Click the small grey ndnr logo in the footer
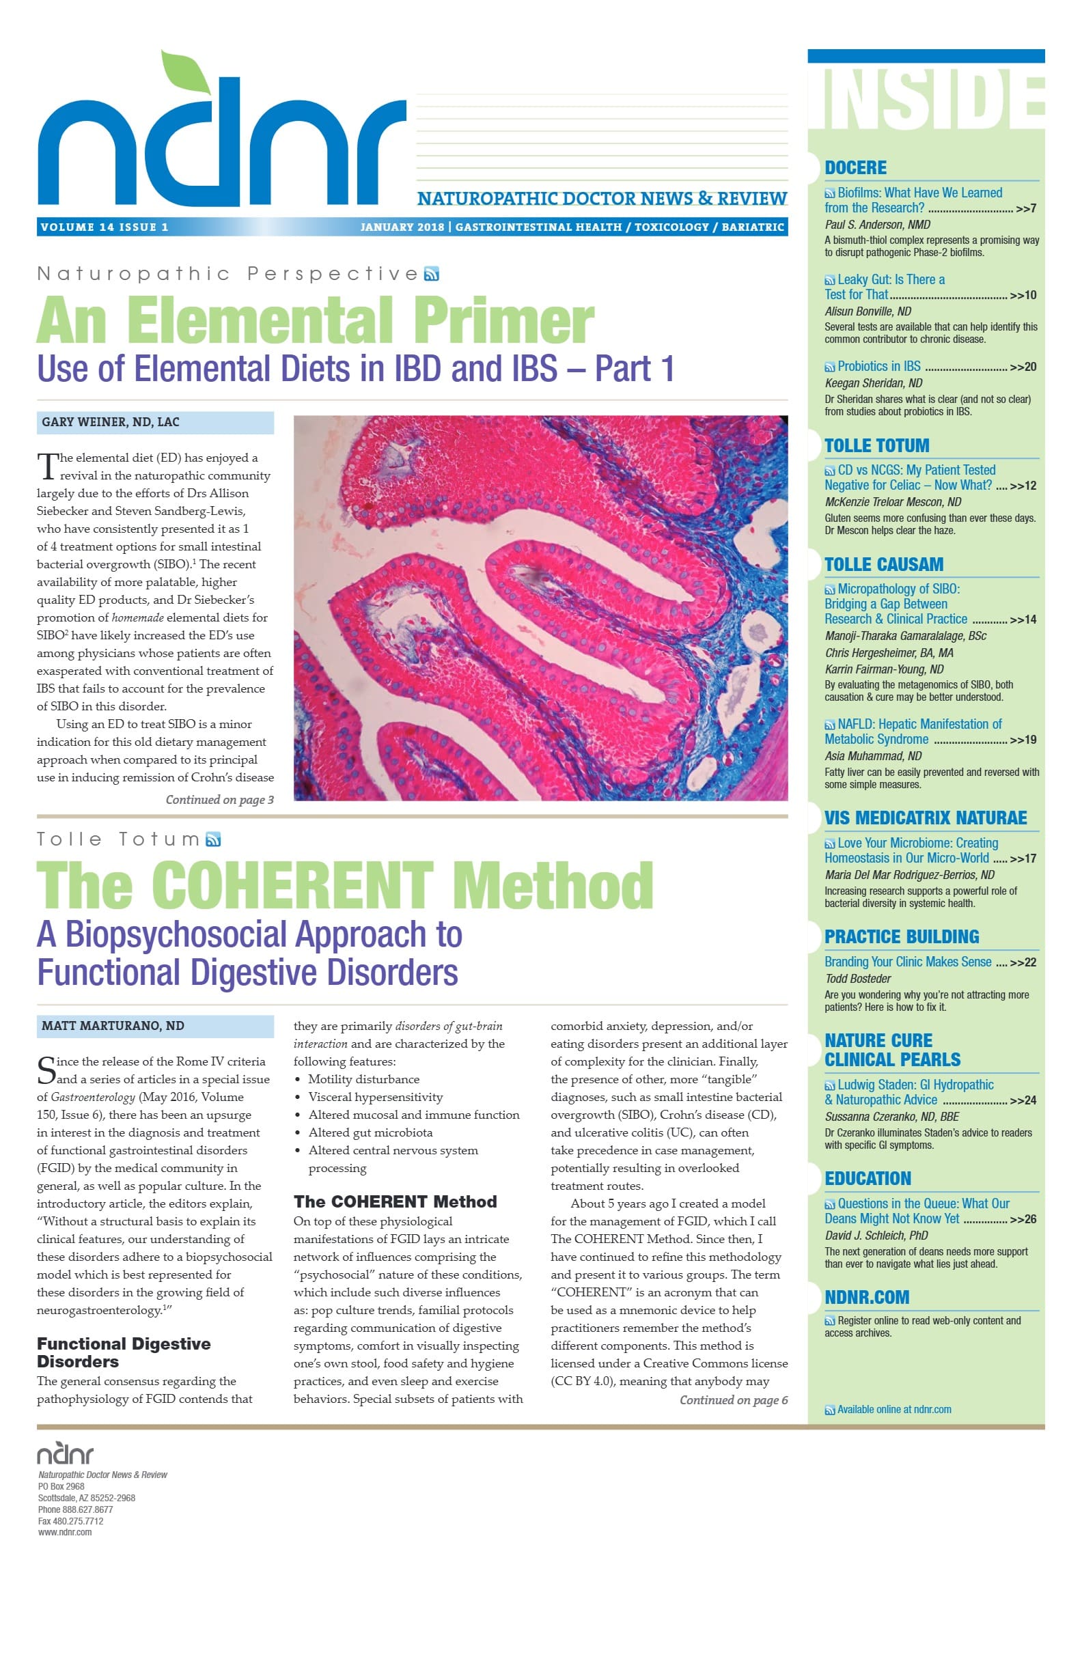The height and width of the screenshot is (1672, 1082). coord(66,1453)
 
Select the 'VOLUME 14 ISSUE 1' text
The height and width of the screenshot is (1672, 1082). coord(104,227)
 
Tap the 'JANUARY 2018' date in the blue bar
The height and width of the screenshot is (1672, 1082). coord(402,227)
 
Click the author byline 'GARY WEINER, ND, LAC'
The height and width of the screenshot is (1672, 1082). coord(110,422)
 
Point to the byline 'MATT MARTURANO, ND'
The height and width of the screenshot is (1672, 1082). coord(113,1026)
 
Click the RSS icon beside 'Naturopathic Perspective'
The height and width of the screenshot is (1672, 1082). coord(432,274)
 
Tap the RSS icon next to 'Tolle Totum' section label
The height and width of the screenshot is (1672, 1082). coord(213,839)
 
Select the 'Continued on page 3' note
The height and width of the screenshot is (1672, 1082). coord(219,800)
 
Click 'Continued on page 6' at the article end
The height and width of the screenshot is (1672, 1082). coord(733,1400)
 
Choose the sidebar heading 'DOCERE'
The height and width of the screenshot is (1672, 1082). coord(855,168)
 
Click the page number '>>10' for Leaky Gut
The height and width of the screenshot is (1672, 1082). coord(1023,296)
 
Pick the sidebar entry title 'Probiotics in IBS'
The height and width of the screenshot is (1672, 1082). coord(878,367)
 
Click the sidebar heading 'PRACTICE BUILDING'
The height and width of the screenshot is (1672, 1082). coord(902,937)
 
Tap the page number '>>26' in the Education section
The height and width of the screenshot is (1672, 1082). coord(1023,1220)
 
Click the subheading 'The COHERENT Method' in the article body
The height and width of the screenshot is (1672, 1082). coord(395,1202)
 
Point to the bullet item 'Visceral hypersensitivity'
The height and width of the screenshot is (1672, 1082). coord(375,1098)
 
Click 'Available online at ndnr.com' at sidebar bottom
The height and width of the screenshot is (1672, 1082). coord(893,1410)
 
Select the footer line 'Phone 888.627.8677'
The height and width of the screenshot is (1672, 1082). coord(75,1509)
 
